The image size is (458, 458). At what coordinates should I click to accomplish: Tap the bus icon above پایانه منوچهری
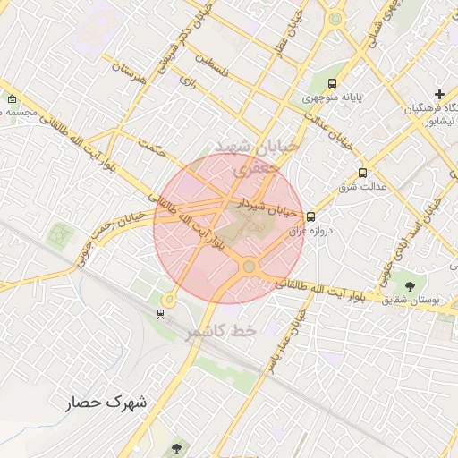333,83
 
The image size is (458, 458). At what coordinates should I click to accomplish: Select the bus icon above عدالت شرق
362,173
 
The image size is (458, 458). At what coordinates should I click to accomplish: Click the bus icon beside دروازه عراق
310,216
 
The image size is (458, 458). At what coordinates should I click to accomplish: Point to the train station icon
160,313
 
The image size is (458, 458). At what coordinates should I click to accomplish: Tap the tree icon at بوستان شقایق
410,285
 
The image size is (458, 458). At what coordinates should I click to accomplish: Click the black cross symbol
439,94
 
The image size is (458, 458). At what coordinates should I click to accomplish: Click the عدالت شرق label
361,187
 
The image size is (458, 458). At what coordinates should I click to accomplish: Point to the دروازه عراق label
310,230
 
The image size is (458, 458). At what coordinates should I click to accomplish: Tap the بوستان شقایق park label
411,300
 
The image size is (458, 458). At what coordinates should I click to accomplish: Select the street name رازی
187,81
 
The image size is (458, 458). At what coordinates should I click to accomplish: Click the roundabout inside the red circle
249,267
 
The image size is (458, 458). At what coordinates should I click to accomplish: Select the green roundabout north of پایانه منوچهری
335,19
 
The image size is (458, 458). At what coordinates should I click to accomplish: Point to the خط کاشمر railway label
220,333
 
